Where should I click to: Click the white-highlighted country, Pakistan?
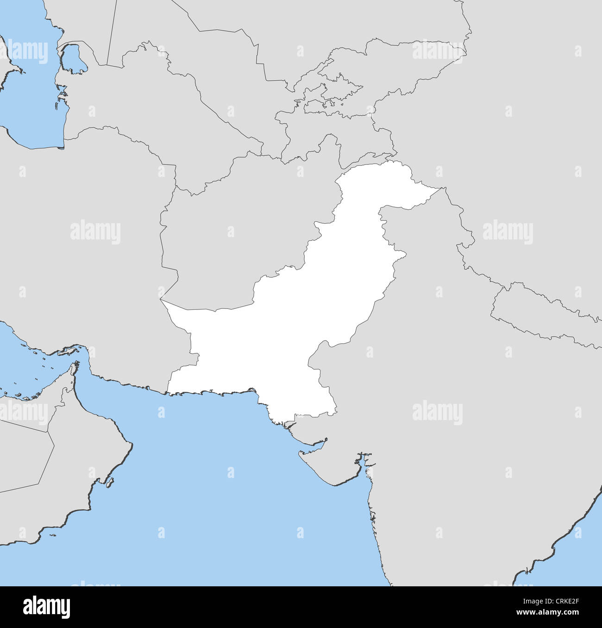[x=278, y=333]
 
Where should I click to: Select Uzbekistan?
[x=218, y=69]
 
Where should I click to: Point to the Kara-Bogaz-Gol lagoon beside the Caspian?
[x=72, y=60]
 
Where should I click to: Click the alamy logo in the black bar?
[x=46, y=607]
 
